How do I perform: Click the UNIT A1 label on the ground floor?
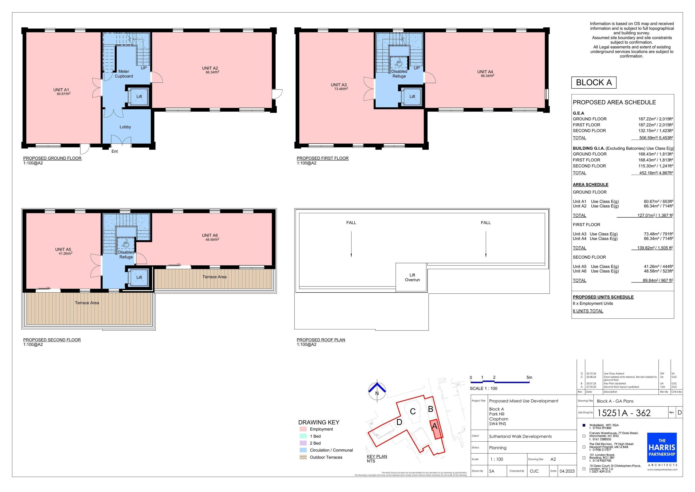point(61,90)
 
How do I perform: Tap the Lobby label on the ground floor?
point(125,127)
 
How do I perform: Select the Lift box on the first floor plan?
point(412,97)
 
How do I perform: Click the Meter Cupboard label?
point(123,74)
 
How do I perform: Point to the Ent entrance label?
point(114,151)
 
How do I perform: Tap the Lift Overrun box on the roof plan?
point(412,277)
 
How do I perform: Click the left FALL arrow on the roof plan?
point(351,244)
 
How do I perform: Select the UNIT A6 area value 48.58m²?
point(212,239)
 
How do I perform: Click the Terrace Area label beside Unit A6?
point(214,277)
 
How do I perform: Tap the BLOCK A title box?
point(594,82)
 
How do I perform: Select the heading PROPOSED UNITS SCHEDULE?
point(603,297)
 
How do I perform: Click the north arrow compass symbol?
point(377,391)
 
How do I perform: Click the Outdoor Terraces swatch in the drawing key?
point(303,457)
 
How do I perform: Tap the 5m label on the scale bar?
point(529,377)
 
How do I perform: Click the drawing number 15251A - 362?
point(624,413)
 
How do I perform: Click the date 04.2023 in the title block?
point(567,471)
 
